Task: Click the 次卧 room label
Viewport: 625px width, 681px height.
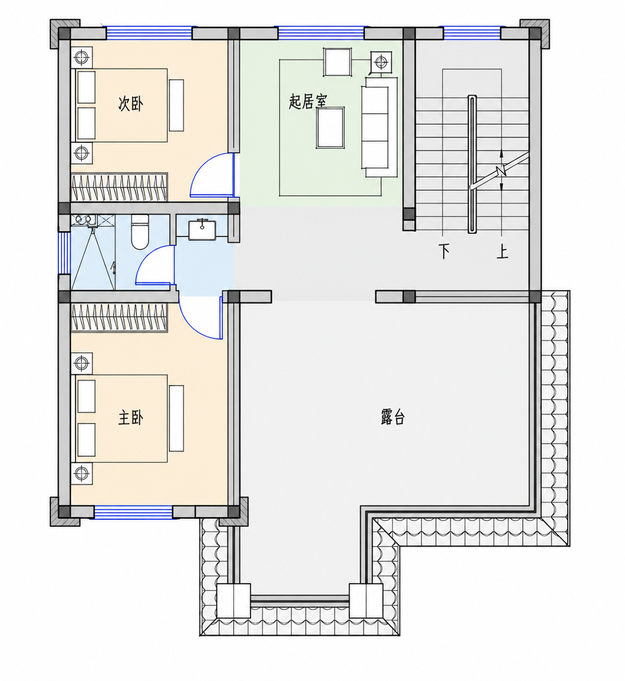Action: point(131,104)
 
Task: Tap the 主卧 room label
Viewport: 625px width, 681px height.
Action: point(131,418)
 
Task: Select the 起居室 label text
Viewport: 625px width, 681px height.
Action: point(308,101)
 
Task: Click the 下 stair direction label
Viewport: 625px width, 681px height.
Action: point(444,251)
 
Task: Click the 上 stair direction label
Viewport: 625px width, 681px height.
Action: point(502,252)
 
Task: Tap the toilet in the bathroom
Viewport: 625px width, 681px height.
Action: point(140,232)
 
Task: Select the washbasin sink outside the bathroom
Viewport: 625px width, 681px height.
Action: point(202,229)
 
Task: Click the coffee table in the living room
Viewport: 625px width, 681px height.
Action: point(330,128)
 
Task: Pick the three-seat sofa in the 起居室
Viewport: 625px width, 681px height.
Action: point(379,127)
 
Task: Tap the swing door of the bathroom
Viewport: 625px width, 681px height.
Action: point(155,265)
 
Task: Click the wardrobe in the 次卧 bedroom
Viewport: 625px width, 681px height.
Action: point(119,187)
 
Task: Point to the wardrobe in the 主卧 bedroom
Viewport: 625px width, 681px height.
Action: point(119,317)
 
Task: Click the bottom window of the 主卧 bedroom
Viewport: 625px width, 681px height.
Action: point(133,512)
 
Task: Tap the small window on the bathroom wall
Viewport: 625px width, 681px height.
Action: point(63,252)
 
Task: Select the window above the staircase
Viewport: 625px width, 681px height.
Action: point(472,33)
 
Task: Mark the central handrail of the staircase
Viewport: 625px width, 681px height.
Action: point(472,164)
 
